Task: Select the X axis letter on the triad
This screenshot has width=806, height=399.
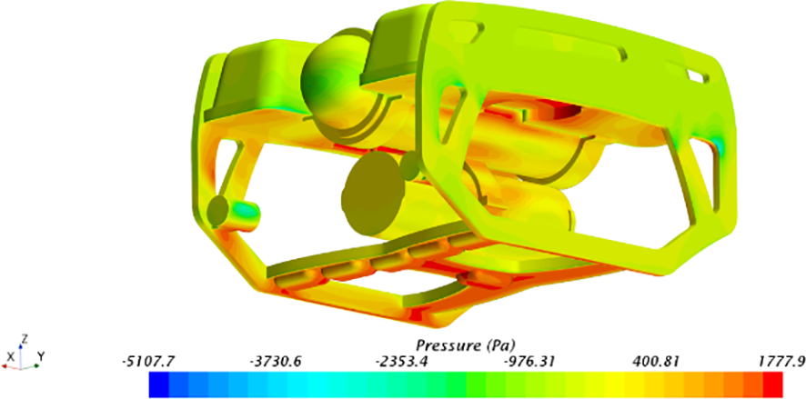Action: coord(10,356)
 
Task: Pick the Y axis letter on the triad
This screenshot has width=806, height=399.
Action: coord(42,356)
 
